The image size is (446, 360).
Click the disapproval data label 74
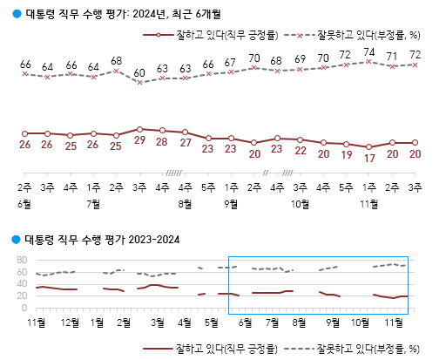coord(369,52)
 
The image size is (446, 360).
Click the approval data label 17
coord(369,159)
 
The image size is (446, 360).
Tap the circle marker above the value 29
coord(139,129)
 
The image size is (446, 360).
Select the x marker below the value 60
coord(139,83)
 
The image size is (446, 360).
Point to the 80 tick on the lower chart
coord(22,260)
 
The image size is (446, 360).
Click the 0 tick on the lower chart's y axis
coord(24,308)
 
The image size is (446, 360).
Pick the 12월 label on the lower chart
coord(70,323)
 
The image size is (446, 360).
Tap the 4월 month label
coord(185,323)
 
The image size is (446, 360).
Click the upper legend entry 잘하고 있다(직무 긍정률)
coord(211,36)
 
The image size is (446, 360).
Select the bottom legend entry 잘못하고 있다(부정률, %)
coord(352,349)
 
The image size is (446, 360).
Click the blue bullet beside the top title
coord(17,14)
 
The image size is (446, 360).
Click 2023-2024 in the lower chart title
coord(154,240)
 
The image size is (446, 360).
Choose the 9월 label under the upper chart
coord(231,204)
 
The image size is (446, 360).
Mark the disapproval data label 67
coord(230,63)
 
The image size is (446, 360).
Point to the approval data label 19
coord(347,155)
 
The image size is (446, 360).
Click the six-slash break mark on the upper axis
coord(173,173)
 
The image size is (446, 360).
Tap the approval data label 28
coord(162,142)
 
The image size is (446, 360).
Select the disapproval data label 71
coord(392,57)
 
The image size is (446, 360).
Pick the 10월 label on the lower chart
coord(361,323)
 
